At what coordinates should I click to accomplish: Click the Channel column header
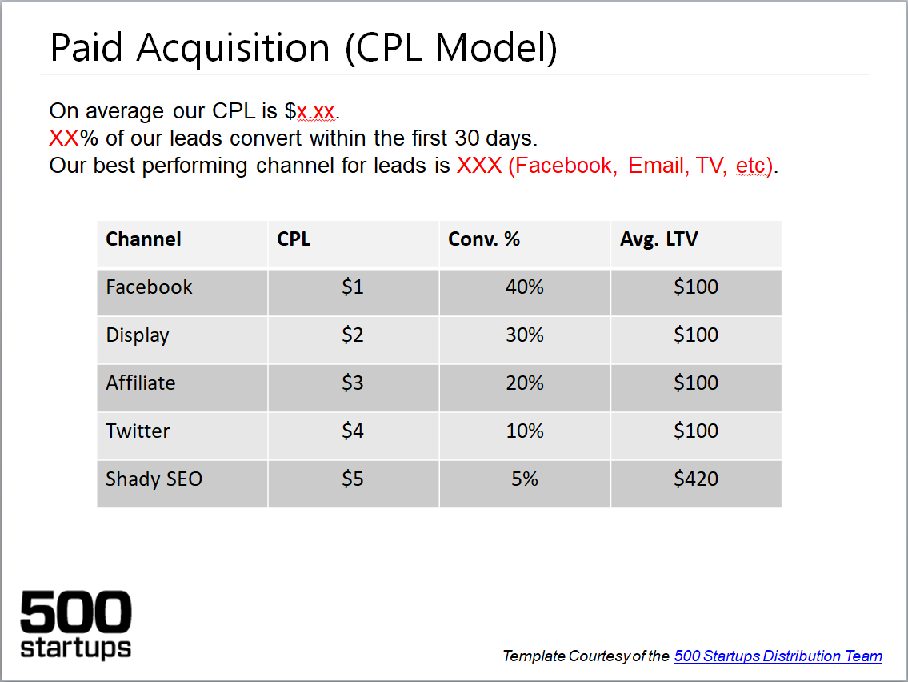pyautogui.click(x=143, y=239)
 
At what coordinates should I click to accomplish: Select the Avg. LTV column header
pyautogui.click(x=658, y=239)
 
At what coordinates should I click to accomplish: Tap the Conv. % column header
pyautogui.click(x=483, y=239)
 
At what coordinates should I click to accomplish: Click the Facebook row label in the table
pyautogui.click(x=149, y=287)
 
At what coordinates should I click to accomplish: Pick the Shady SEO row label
pyautogui.click(x=154, y=479)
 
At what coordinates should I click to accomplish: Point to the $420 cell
pyautogui.click(x=695, y=479)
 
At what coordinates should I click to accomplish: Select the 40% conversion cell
pyautogui.click(x=525, y=287)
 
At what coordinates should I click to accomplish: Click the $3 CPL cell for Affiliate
pyautogui.click(x=353, y=383)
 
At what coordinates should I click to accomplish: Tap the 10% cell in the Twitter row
pyautogui.click(x=525, y=431)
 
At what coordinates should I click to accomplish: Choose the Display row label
pyautogui.click(x=138, y=335)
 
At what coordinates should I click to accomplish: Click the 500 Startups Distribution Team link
pyautogui.click(x=778, y=656)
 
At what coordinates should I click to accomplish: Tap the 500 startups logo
pyautogui.click(x=76, y=624)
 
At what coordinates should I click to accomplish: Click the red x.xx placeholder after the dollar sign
pyautogui.click(x=315, y=111)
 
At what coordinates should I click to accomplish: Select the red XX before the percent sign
pyautogui.click(x=64, y=138)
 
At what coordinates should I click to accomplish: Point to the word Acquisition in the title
pyautogui.click(x=234, y=47)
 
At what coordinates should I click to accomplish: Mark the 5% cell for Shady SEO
pyautogui.click(x=525, y=479)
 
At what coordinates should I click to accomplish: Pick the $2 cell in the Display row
pyautogui.click(x=353, y=335)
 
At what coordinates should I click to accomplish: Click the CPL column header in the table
pyautogui.click(x=294, y=239)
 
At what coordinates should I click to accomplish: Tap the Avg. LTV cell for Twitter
pyautogui.click(x=695, y=431)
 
